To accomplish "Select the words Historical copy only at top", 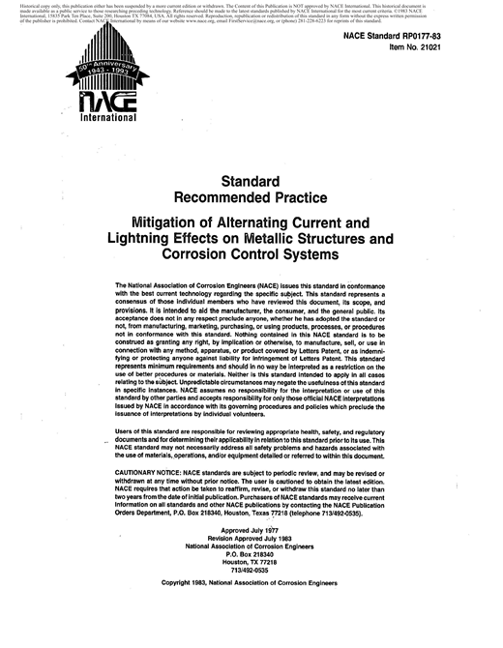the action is coord(42,5).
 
